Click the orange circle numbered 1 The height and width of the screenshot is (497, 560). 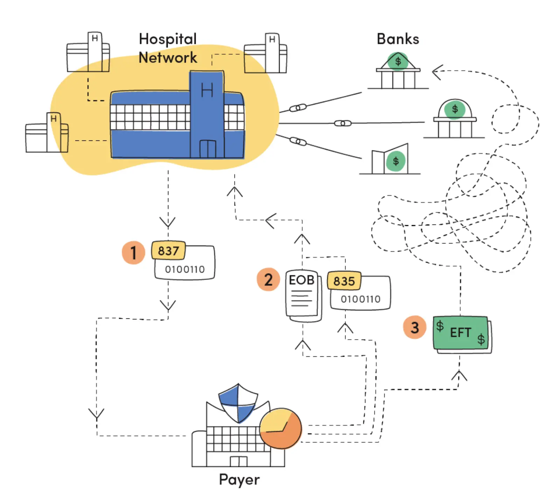click(133, 252)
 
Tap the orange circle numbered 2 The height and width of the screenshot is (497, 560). click(268, 279)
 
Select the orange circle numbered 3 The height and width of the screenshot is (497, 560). click(414, 327)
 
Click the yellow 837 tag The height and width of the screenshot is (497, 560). click(168, 250)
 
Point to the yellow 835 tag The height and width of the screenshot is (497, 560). click(344, 281)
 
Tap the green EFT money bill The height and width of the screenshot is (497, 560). click(461, 333)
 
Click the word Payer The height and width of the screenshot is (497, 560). click(239, 479)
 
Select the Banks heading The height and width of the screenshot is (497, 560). click(398, 39)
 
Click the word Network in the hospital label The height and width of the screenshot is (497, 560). click(168, 57)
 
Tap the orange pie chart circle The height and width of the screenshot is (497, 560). click(280, 428)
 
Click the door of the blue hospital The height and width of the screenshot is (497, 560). click(208, 149)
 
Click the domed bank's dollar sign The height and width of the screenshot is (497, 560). click(455, 109)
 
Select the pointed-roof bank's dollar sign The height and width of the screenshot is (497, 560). click(398, 61)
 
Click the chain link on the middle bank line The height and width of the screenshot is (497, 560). click(343, 123)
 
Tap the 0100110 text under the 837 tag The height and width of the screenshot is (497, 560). click(185, 269)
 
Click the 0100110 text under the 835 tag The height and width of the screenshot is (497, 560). click(360, 299)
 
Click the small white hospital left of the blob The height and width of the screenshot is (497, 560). click(47, 134)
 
